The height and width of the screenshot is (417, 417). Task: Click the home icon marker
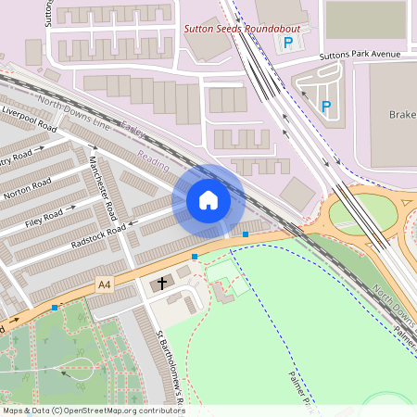(208, 200)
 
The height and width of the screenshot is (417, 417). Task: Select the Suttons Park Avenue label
(360, 55)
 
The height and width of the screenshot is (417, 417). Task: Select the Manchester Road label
(101, 180)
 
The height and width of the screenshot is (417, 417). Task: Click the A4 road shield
(105, 287)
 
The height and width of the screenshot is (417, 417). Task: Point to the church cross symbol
(162, 283)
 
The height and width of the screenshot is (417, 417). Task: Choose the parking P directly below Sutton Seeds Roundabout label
(287, 44)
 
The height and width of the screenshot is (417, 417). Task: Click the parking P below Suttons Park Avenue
(325, 107)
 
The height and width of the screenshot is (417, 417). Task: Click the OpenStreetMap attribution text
(94, 411)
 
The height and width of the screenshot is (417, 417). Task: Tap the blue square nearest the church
(195, 256)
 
